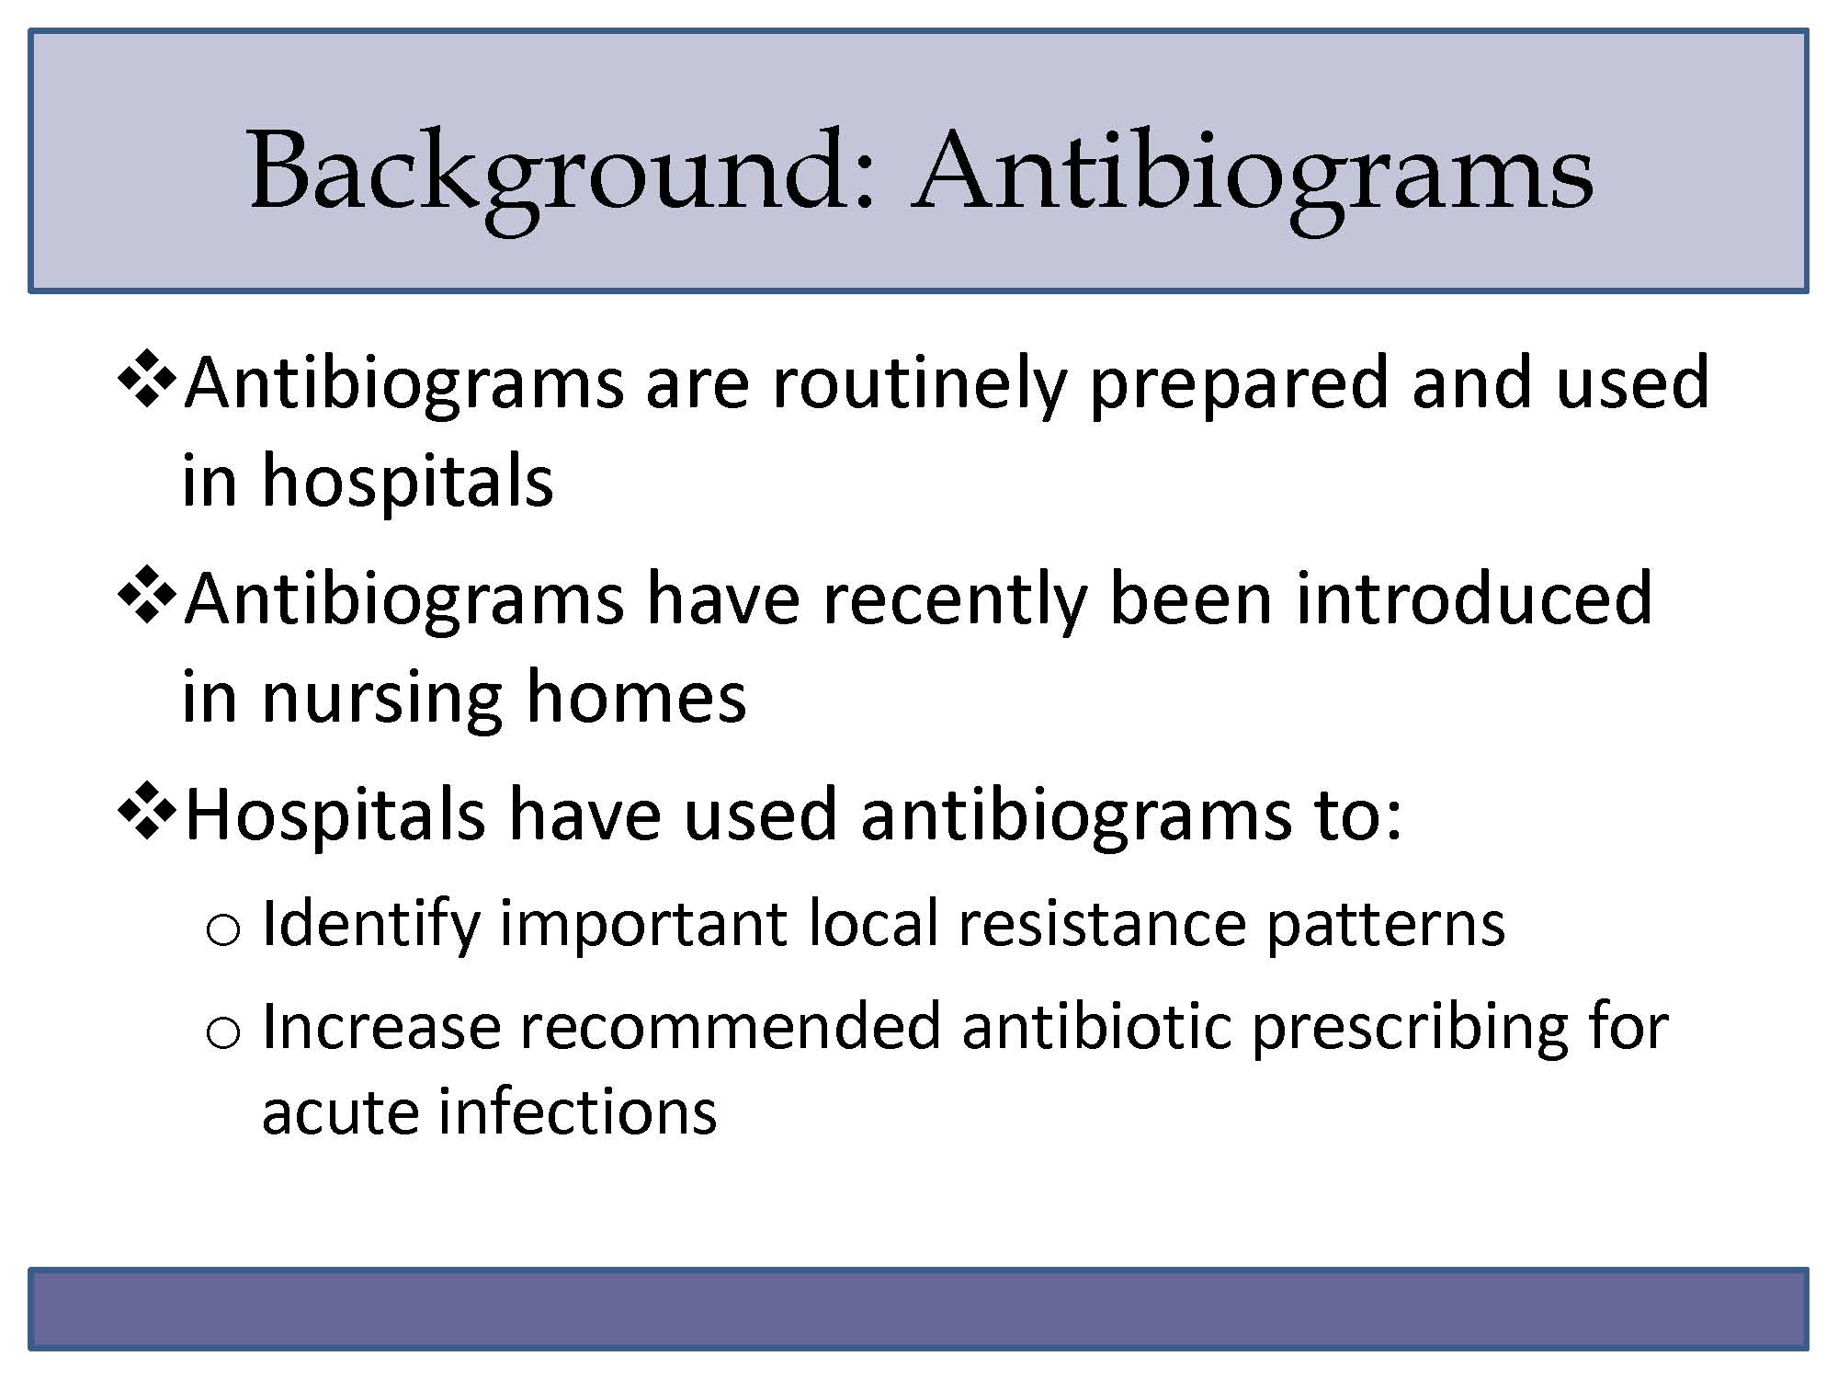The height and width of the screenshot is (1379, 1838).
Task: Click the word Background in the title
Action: tap(562, 173)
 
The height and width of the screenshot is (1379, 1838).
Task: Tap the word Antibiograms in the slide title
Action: tap(1253, 173)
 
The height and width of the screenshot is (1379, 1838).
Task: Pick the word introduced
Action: tap(1473, 598)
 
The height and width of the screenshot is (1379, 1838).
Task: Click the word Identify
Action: tap(370, 924)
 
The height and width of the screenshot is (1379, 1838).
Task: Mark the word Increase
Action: tap(381, 1026)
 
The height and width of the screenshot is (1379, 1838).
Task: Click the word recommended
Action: tap(732, 1026)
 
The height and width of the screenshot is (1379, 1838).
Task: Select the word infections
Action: tap(577, 1111)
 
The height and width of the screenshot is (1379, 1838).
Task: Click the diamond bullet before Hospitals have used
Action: tap(147, 814)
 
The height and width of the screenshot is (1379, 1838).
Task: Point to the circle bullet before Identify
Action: tap(223, 930)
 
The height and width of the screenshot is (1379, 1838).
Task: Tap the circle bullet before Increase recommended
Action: tap(223, 1033)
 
